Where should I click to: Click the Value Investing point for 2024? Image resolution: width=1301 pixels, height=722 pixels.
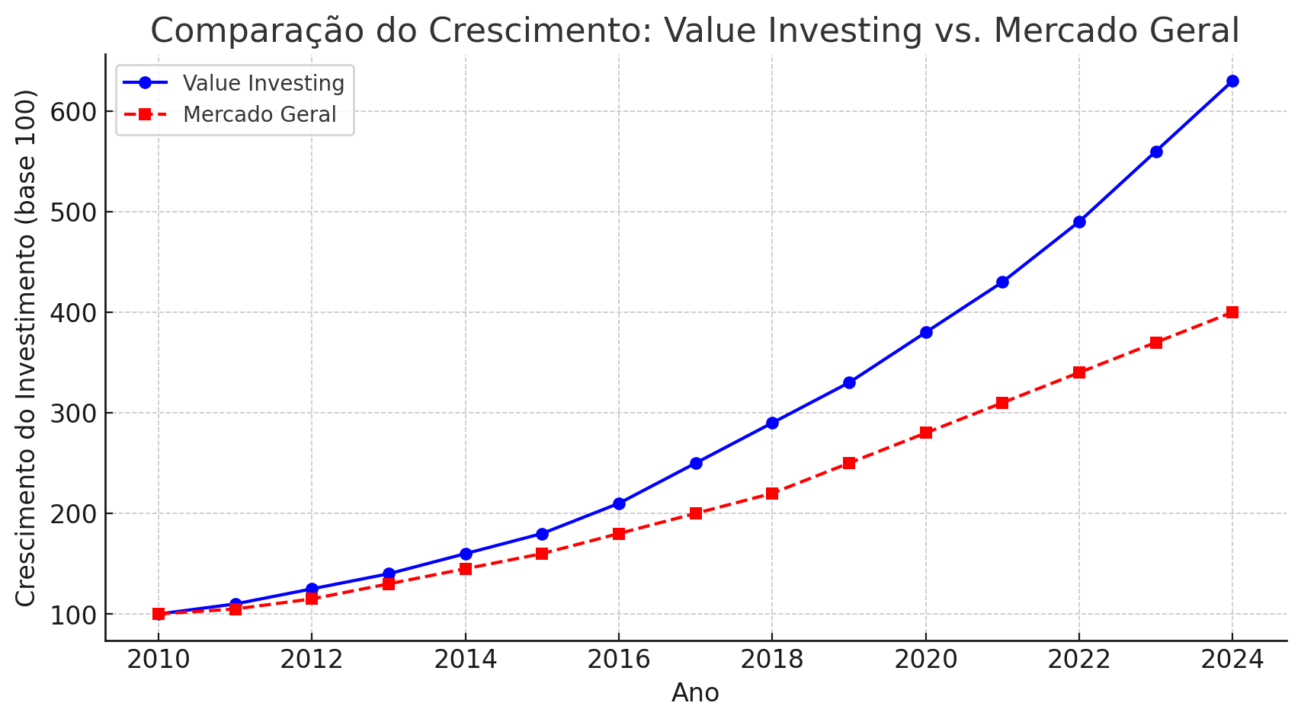click(1232, 81)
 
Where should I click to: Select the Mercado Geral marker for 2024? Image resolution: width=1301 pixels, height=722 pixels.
click(1232, 312)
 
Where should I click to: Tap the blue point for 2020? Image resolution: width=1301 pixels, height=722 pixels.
click(926, 332)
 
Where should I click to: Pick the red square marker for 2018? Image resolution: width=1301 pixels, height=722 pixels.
click(772, 494)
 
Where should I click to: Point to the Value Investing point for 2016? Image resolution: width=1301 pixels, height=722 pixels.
click(619, 503)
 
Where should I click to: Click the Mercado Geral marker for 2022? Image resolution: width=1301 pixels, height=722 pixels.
click(1079, 372)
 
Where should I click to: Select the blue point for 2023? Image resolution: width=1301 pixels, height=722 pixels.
click(1156, 152)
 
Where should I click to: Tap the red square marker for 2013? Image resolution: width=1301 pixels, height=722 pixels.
click(389, 584)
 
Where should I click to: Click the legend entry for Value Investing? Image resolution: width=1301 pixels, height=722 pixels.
click(263, 83)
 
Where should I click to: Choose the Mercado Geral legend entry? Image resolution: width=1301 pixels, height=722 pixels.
click(259, 114)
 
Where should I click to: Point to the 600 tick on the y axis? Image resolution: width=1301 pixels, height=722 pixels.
click(74, 112)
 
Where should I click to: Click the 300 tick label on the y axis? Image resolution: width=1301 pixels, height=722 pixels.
click(74, 414)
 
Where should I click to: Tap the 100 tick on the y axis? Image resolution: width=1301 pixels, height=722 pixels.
click(74, 615)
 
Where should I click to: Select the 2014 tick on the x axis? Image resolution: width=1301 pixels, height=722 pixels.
click(465, 660)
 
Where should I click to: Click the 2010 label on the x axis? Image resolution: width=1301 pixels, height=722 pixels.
click(159, 660)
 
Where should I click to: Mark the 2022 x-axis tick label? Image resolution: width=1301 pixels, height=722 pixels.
click(1079, 660)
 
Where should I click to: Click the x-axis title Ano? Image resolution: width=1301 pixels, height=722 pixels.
click(695, 693)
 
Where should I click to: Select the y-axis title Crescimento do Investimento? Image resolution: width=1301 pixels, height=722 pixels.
click(26, 348)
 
